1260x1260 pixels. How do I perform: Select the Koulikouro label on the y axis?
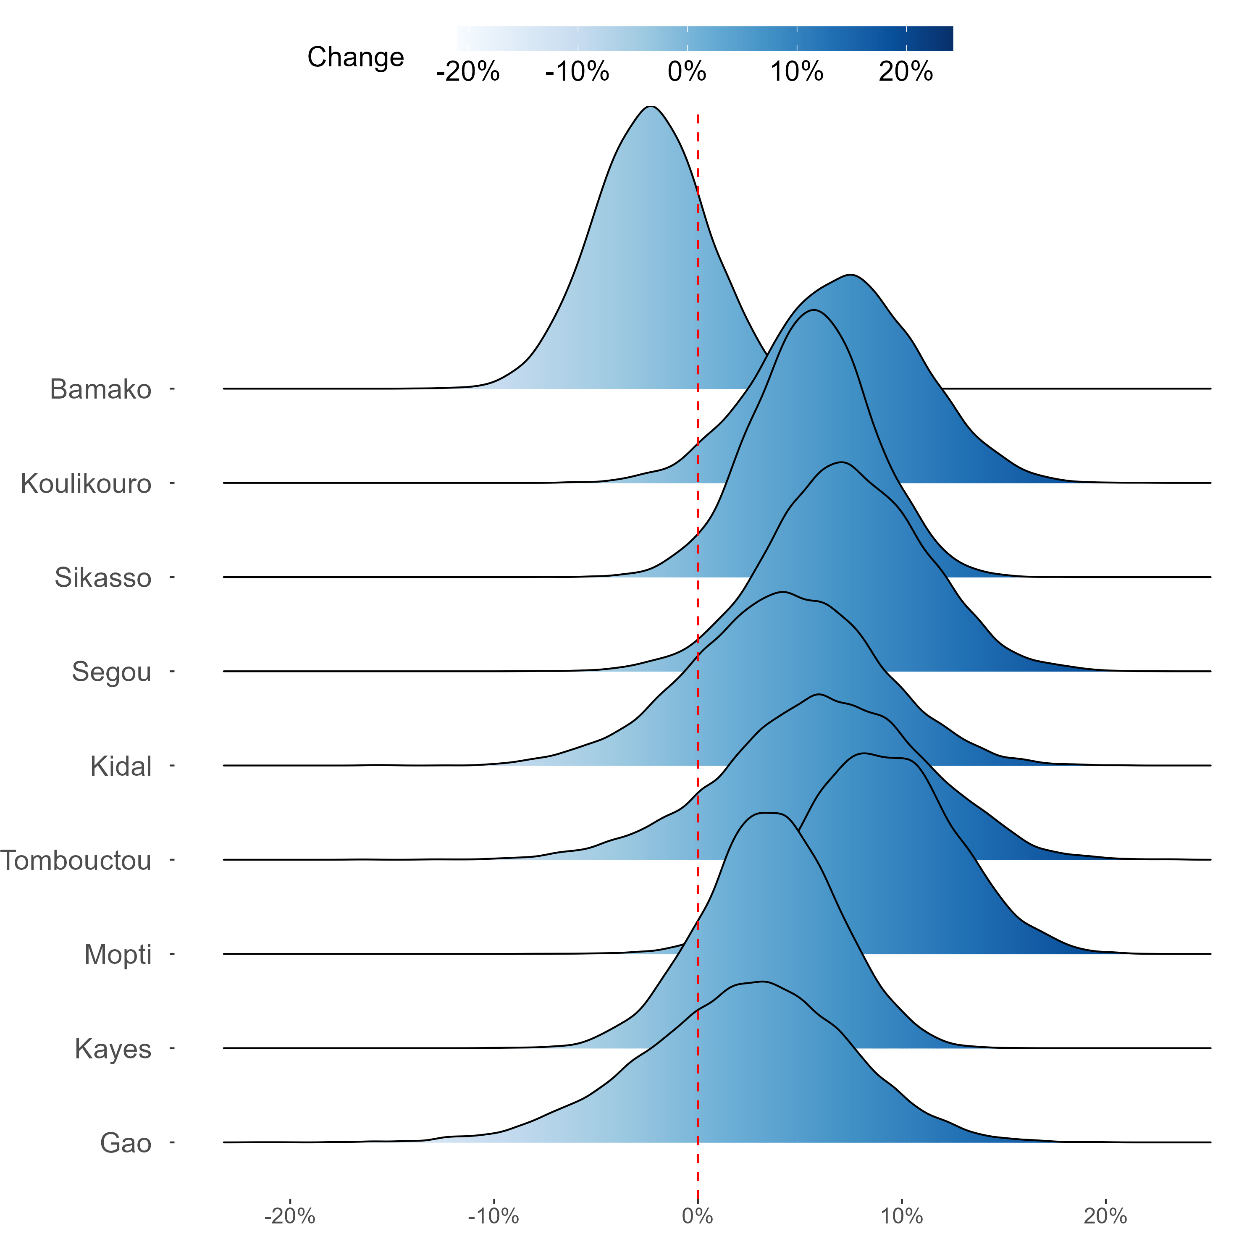pos(86,484)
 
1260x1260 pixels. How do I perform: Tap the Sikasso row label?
pos(103,578)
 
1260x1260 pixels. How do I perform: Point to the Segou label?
pos(112,672)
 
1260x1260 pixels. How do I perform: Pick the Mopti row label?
pos(118,954)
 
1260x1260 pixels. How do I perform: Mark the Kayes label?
pos(113,1049)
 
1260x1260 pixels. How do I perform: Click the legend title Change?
pos(355,58)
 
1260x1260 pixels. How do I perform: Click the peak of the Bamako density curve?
pos(650,106)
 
